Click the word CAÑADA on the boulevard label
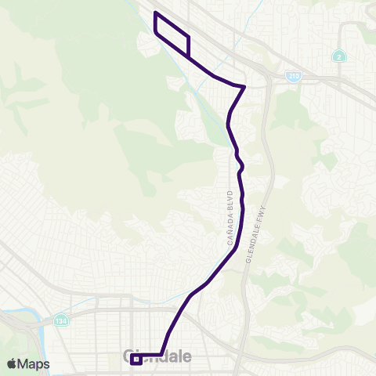click(231, 232)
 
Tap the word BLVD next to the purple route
click(230, 197)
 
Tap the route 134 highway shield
click(61, 320)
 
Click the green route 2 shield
click(337, 56)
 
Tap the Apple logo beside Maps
click(12, 363)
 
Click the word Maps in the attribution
click(34, 363)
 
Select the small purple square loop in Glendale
click(136, 360)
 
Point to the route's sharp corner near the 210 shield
click(245, 87)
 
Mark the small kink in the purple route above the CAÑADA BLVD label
click(241, 166)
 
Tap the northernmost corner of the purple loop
click(156, 13)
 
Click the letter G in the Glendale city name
click(131, 356)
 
